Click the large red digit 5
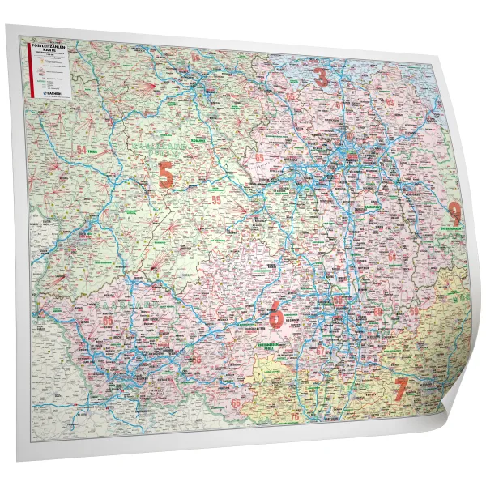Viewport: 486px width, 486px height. [x=166, y=174]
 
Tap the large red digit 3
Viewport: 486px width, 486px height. [x=322, y=78]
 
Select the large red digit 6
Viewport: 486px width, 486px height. [x=276, y=314]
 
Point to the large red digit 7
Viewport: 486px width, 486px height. [x=400, y=388]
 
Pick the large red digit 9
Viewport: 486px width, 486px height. [x=454, y=212]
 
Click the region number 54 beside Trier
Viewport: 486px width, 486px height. [x=81, y=149]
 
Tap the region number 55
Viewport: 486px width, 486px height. [x=216, y=198]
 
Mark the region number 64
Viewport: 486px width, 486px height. [x=392, y=256]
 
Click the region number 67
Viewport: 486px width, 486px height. [x=197, y=359]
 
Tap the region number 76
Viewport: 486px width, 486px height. [x=295, y=416]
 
